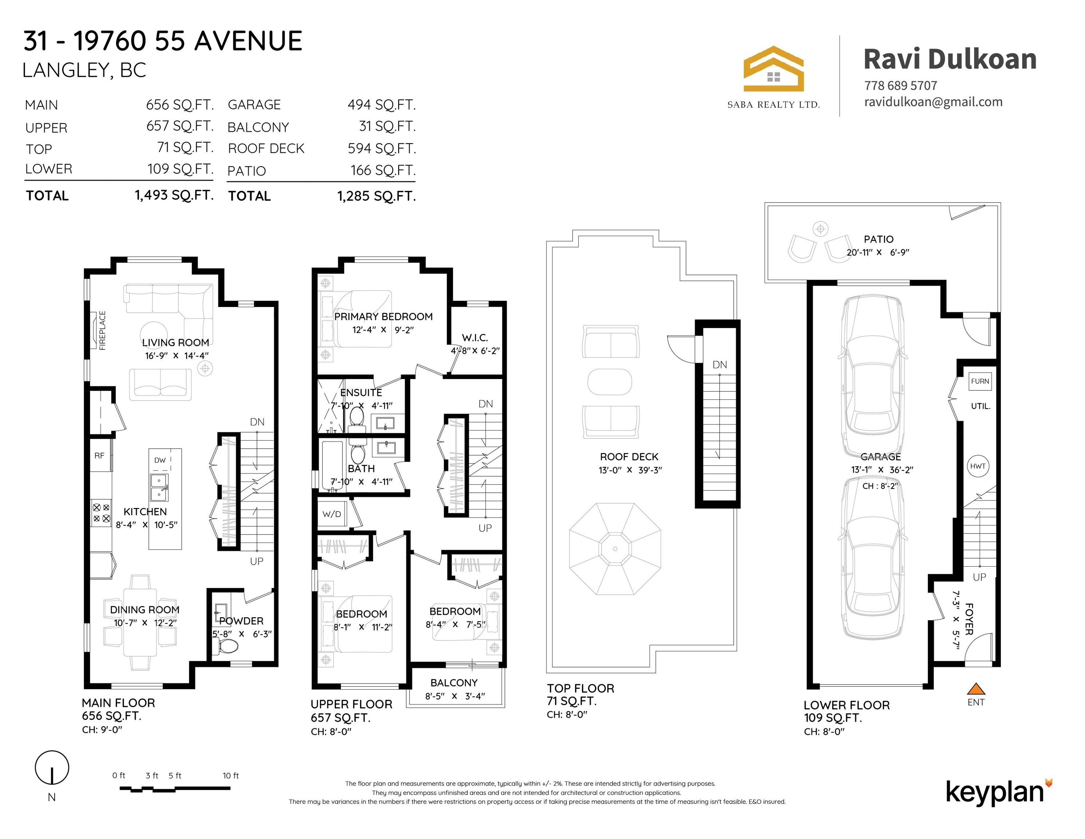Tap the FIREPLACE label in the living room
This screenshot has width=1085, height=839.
pyautogui.click(x=102, y=331)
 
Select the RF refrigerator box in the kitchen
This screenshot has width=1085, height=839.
pyautogui.click(x=100, y=455)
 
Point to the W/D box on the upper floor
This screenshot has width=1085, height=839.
pyautogui.click(x=332, y=514)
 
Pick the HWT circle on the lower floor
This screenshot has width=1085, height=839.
pyautogui.click(x=978, y=466)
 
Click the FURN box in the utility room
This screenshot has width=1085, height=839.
pyautogui.click(x=980, y=381)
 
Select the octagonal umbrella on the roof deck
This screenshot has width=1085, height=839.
pyautogui.click(x=615, y=549)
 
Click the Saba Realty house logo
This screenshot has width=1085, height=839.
pyautogui.click(x=773, y=69)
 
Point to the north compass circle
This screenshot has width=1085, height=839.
pyautogui.click(x=52, y=767)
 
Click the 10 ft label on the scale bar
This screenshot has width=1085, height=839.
pyautogui.click(x=230, y=775)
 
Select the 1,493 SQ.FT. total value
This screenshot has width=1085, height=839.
pyautogui.click(x=174, y=195)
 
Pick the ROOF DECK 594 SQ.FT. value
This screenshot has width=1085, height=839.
pyautogui.click(x=381, y=149)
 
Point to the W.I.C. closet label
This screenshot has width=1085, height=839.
pyautogui.click(x=475, y=338)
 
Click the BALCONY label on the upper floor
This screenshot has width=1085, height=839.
pyautogui.click(x=454, y=683)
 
